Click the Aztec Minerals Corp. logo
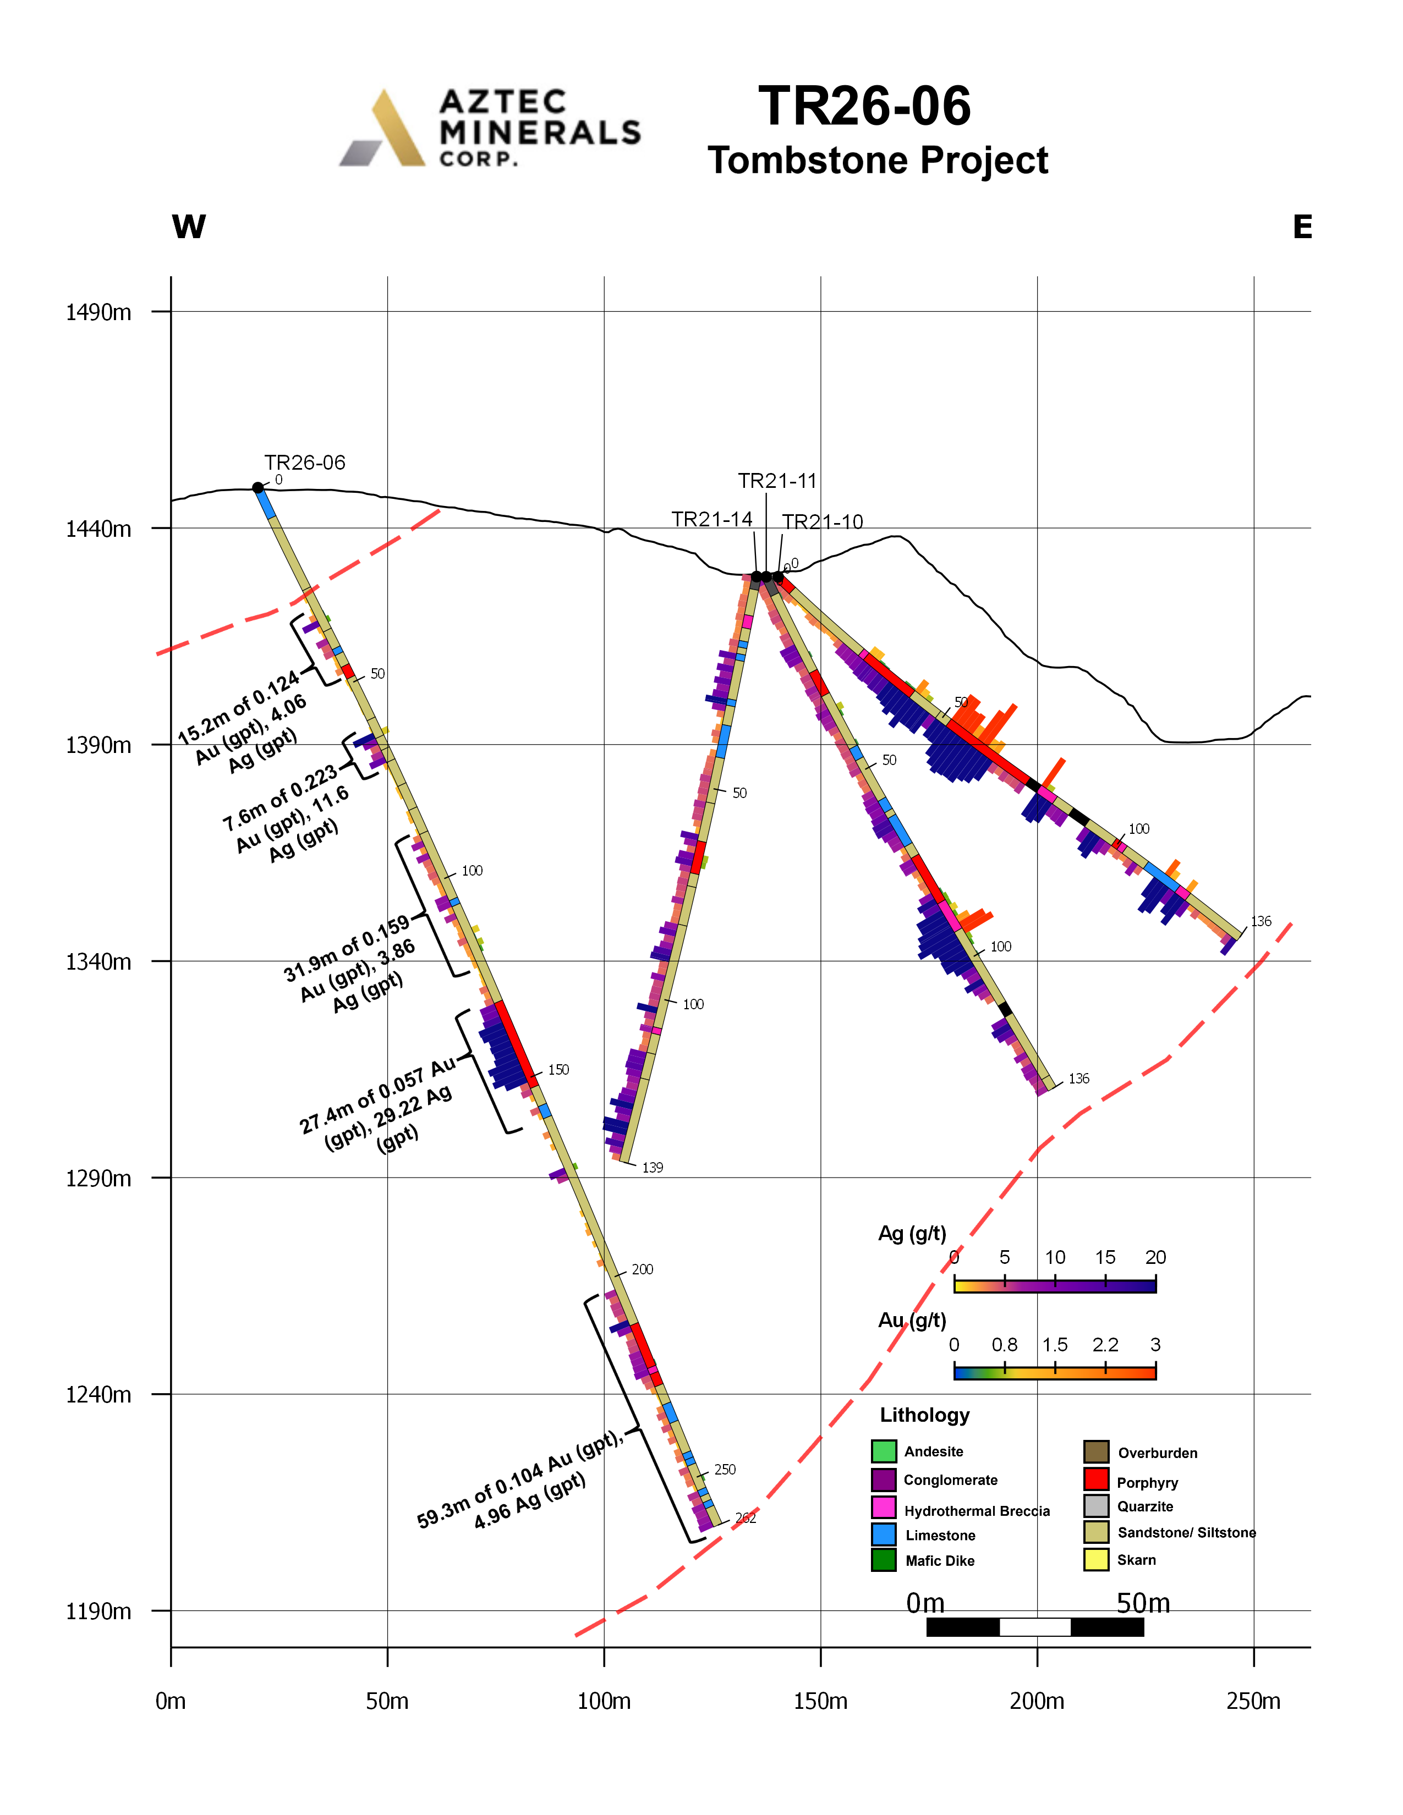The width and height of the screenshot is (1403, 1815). [490, 128]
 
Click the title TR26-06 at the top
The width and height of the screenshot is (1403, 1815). [864, 106]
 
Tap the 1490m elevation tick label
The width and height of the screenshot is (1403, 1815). [98, 312]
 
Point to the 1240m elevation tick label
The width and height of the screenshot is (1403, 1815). [98, 1394]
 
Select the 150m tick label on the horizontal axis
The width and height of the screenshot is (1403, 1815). [820, 1701]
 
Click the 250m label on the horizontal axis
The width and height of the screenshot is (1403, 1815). [1253, 1701]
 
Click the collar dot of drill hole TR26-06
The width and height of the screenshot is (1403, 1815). [257, 488]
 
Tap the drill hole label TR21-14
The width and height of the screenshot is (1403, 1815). [711, 519]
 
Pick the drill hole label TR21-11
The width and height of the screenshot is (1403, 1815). [777, 481]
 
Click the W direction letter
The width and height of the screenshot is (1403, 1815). [189, 227]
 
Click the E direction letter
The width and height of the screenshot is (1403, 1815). [1302, 227]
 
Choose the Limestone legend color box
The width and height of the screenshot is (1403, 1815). [884, 1533]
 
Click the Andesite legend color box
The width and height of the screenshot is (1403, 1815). [884, 1451]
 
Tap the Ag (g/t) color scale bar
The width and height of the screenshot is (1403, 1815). [1055, 1286]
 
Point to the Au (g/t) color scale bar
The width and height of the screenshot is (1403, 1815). [1055, 1373]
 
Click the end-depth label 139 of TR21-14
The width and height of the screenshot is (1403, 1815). [653, 1168]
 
